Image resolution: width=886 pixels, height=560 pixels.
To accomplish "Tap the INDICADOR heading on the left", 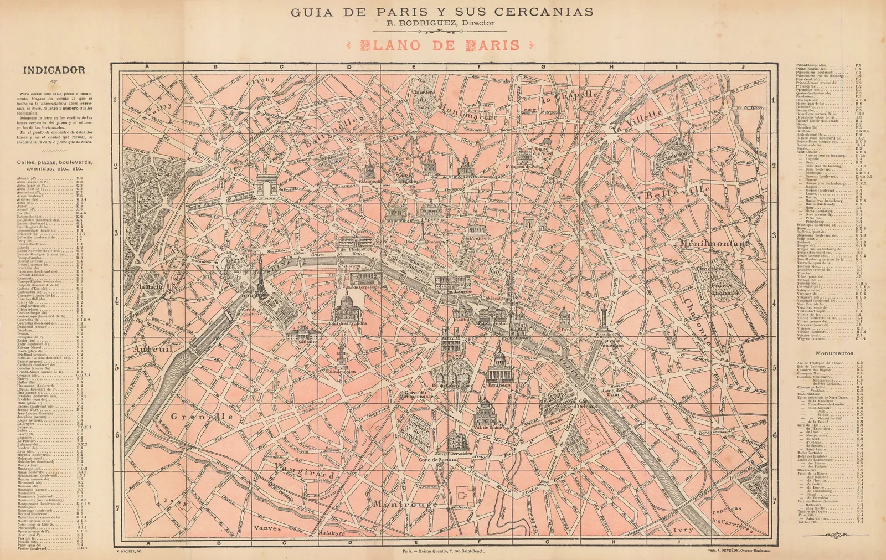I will point(54,70).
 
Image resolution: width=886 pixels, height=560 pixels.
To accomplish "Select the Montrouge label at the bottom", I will point(405,505).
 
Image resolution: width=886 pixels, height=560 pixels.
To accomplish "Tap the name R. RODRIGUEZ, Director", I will point(440,23).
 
